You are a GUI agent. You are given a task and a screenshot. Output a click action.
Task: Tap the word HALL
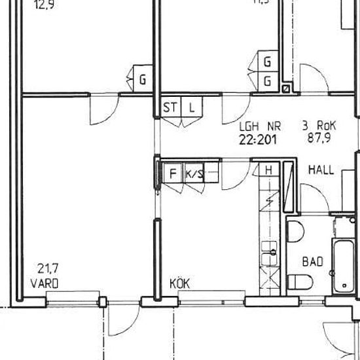pyautogui.click(x=321, y=170)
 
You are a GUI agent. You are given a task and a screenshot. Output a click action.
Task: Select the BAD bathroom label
pyautogui.click(x=312, y=261)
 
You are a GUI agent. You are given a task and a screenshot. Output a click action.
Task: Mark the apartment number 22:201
pyautogui.click(x=259, y=138)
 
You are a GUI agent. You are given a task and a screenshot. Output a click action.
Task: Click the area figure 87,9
pyautogui.click(x=318, y=138)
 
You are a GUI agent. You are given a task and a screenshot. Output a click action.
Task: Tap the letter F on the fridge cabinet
pyautogui.click(x=173, y=173)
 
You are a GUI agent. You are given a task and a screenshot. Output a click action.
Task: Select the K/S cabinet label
pyautogui.click(x=194, y=173)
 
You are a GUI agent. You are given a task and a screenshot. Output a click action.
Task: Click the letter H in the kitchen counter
pyautogui.click(x=268, y=171)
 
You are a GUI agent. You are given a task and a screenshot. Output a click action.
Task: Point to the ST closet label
pyautogui.click(x=170, y=107)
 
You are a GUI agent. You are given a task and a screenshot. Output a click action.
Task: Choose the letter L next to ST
pyautogui.click(x=192, y=107)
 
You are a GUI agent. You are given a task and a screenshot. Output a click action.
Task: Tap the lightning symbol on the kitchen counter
pyautogui.click(x=269, y=200)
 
